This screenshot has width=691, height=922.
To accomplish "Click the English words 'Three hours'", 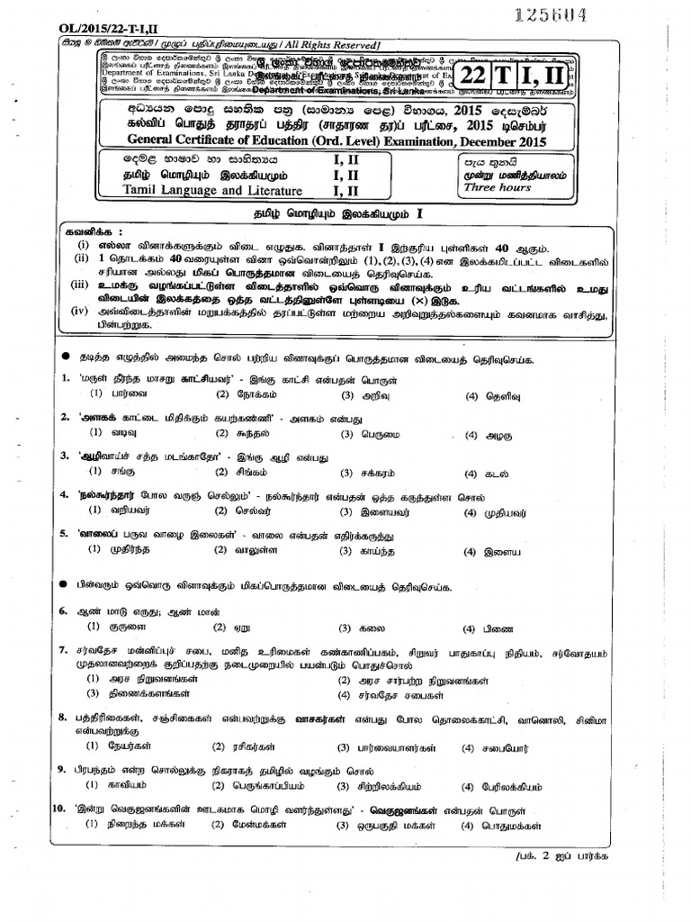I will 492,188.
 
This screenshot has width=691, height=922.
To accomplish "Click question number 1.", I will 67,379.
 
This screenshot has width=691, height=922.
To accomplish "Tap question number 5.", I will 65,533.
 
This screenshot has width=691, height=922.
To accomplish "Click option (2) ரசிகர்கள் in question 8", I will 243,747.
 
